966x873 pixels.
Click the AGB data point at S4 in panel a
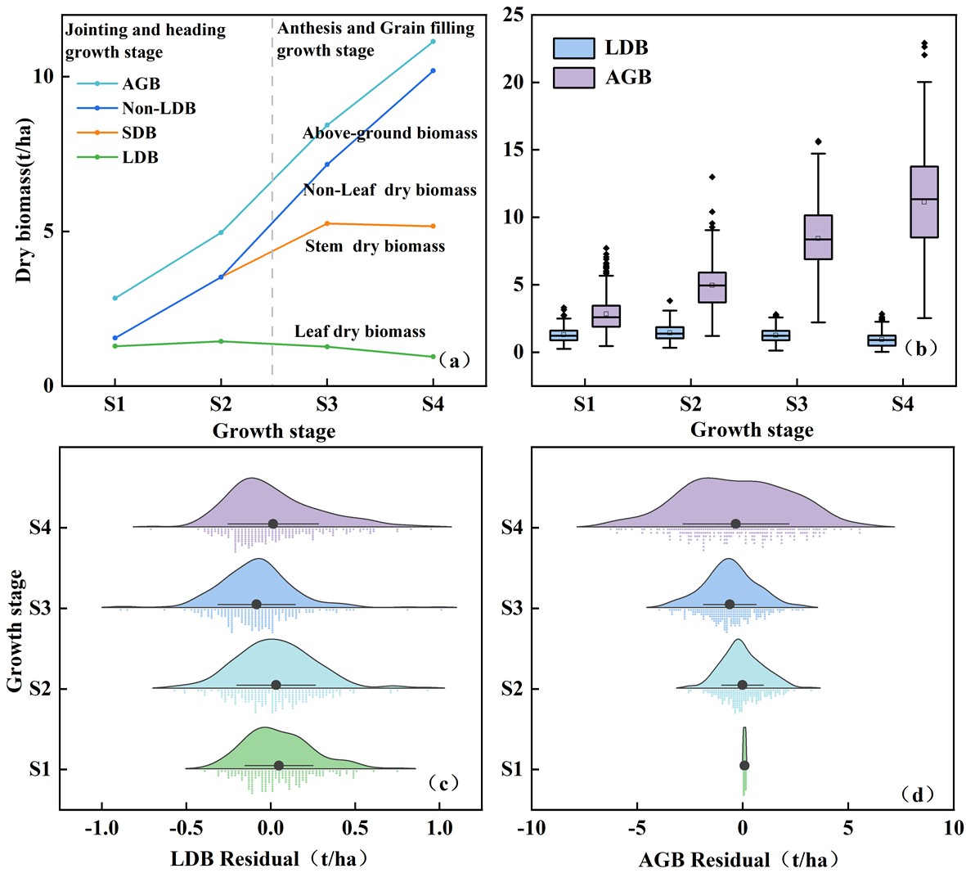433,41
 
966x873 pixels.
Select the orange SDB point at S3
327,223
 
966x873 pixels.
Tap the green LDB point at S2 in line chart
220,341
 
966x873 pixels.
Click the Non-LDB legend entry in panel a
159,108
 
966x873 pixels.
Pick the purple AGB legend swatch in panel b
573,78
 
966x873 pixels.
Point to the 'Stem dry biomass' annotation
375,246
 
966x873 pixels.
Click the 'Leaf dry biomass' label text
360,331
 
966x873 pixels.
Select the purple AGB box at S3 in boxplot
818,237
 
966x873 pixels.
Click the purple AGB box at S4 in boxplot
924,202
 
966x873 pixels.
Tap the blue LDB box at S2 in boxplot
670,332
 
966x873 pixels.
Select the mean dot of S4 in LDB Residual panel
273,524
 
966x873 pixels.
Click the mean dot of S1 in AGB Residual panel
744,765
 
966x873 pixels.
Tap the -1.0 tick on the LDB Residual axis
101,829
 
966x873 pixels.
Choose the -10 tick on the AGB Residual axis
531,829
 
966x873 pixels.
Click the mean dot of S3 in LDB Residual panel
256,604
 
